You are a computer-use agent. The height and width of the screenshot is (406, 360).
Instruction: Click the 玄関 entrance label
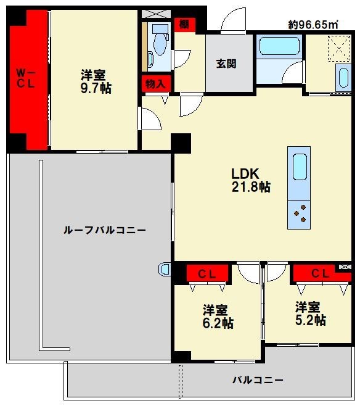pos(226,64)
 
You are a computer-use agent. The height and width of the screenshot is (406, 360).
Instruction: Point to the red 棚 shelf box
pos(184,25)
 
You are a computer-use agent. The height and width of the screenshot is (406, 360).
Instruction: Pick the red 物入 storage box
pos(155,83)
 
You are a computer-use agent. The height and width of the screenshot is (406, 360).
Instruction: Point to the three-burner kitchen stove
pos(300,212)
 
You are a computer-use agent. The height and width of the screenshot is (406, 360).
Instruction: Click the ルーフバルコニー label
pos(104,230)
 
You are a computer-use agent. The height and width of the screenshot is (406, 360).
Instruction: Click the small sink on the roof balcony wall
pos(165,269)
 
